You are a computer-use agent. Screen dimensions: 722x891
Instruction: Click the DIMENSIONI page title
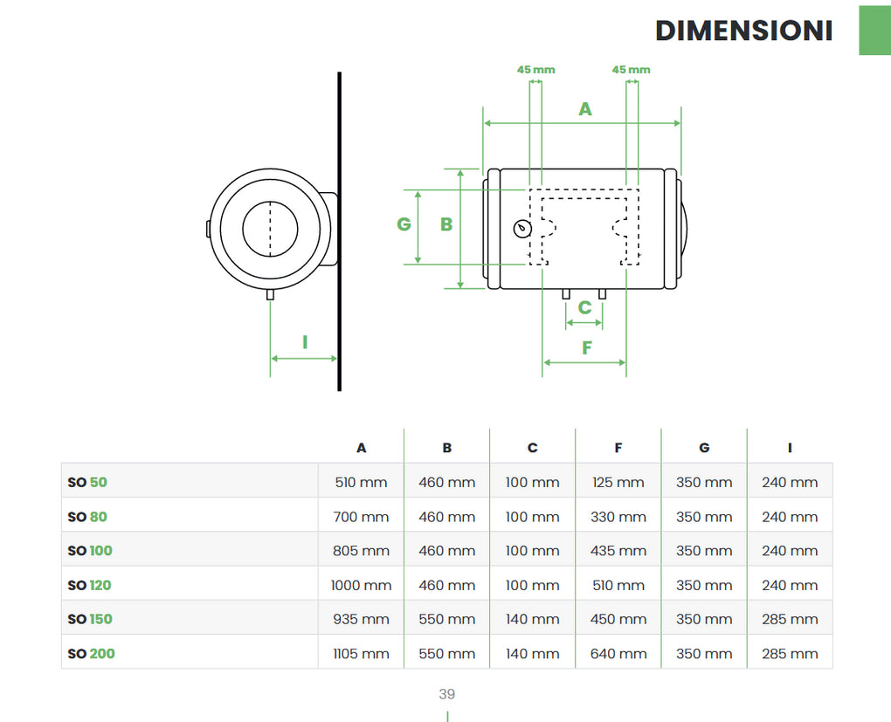[x=743, y=31]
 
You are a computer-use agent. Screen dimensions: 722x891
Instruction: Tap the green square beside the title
[x=874, y=31]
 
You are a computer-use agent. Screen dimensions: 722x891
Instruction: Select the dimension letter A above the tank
[x=585, y=109]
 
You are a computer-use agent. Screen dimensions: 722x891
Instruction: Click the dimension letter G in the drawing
[x=404, y=224]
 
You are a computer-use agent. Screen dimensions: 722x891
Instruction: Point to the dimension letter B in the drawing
[x=446, y=224]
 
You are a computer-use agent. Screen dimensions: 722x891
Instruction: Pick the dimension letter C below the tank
[x=584, y=307]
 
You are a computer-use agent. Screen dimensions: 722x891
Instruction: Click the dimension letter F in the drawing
[x=587, y=347]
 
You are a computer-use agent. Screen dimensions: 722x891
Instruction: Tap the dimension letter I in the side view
[x=305, y=342]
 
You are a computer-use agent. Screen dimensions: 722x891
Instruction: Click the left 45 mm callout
[x=535, y=70]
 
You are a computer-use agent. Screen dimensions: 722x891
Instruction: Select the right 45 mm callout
[x=631, y=70]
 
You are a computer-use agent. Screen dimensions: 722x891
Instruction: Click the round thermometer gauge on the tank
[x=522, y=229]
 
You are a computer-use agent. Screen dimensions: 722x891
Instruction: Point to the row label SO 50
[x=87, y=482]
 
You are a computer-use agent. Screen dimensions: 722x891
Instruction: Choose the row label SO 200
[x=91, y=653]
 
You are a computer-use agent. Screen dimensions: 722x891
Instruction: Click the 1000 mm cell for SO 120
[x=361, y=585]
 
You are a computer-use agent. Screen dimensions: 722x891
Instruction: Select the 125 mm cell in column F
[x=618, y=482]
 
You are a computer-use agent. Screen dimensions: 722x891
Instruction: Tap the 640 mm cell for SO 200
[x=618, y=653]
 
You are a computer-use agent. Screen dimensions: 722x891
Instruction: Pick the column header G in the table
[x=704, y=448]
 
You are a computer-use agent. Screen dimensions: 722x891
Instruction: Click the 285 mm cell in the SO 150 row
[x=790, y=619]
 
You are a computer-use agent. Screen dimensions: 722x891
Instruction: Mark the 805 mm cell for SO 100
[x=361, y=551]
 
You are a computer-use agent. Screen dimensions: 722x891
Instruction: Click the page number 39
[x=446, y=695]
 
